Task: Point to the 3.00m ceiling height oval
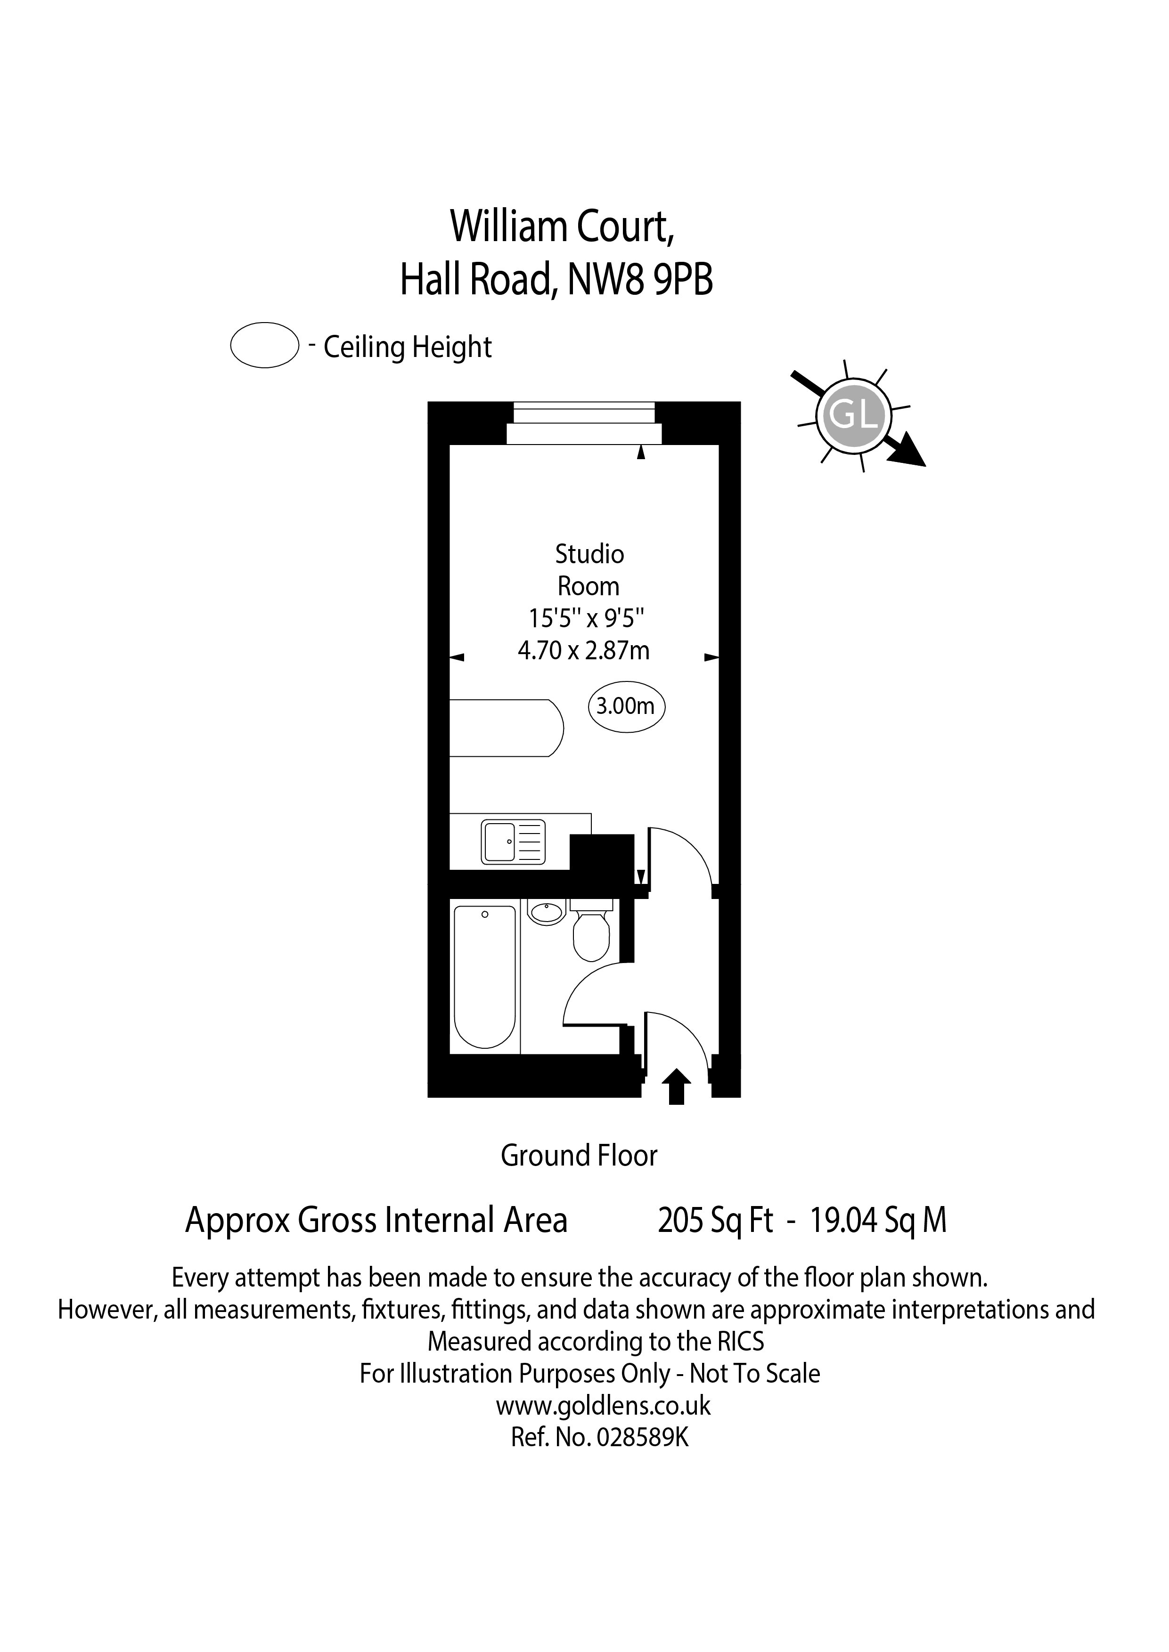tap(626, 706)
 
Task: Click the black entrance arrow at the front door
tap(676, 1086)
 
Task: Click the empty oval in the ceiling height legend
tap(264, 345)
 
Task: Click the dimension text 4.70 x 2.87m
tap(584, 650)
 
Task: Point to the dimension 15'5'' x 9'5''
tap(586, 618)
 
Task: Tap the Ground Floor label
tap(579, 1156)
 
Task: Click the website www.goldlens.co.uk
tap(603, 1405)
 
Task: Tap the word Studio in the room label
tap(589, 554)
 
